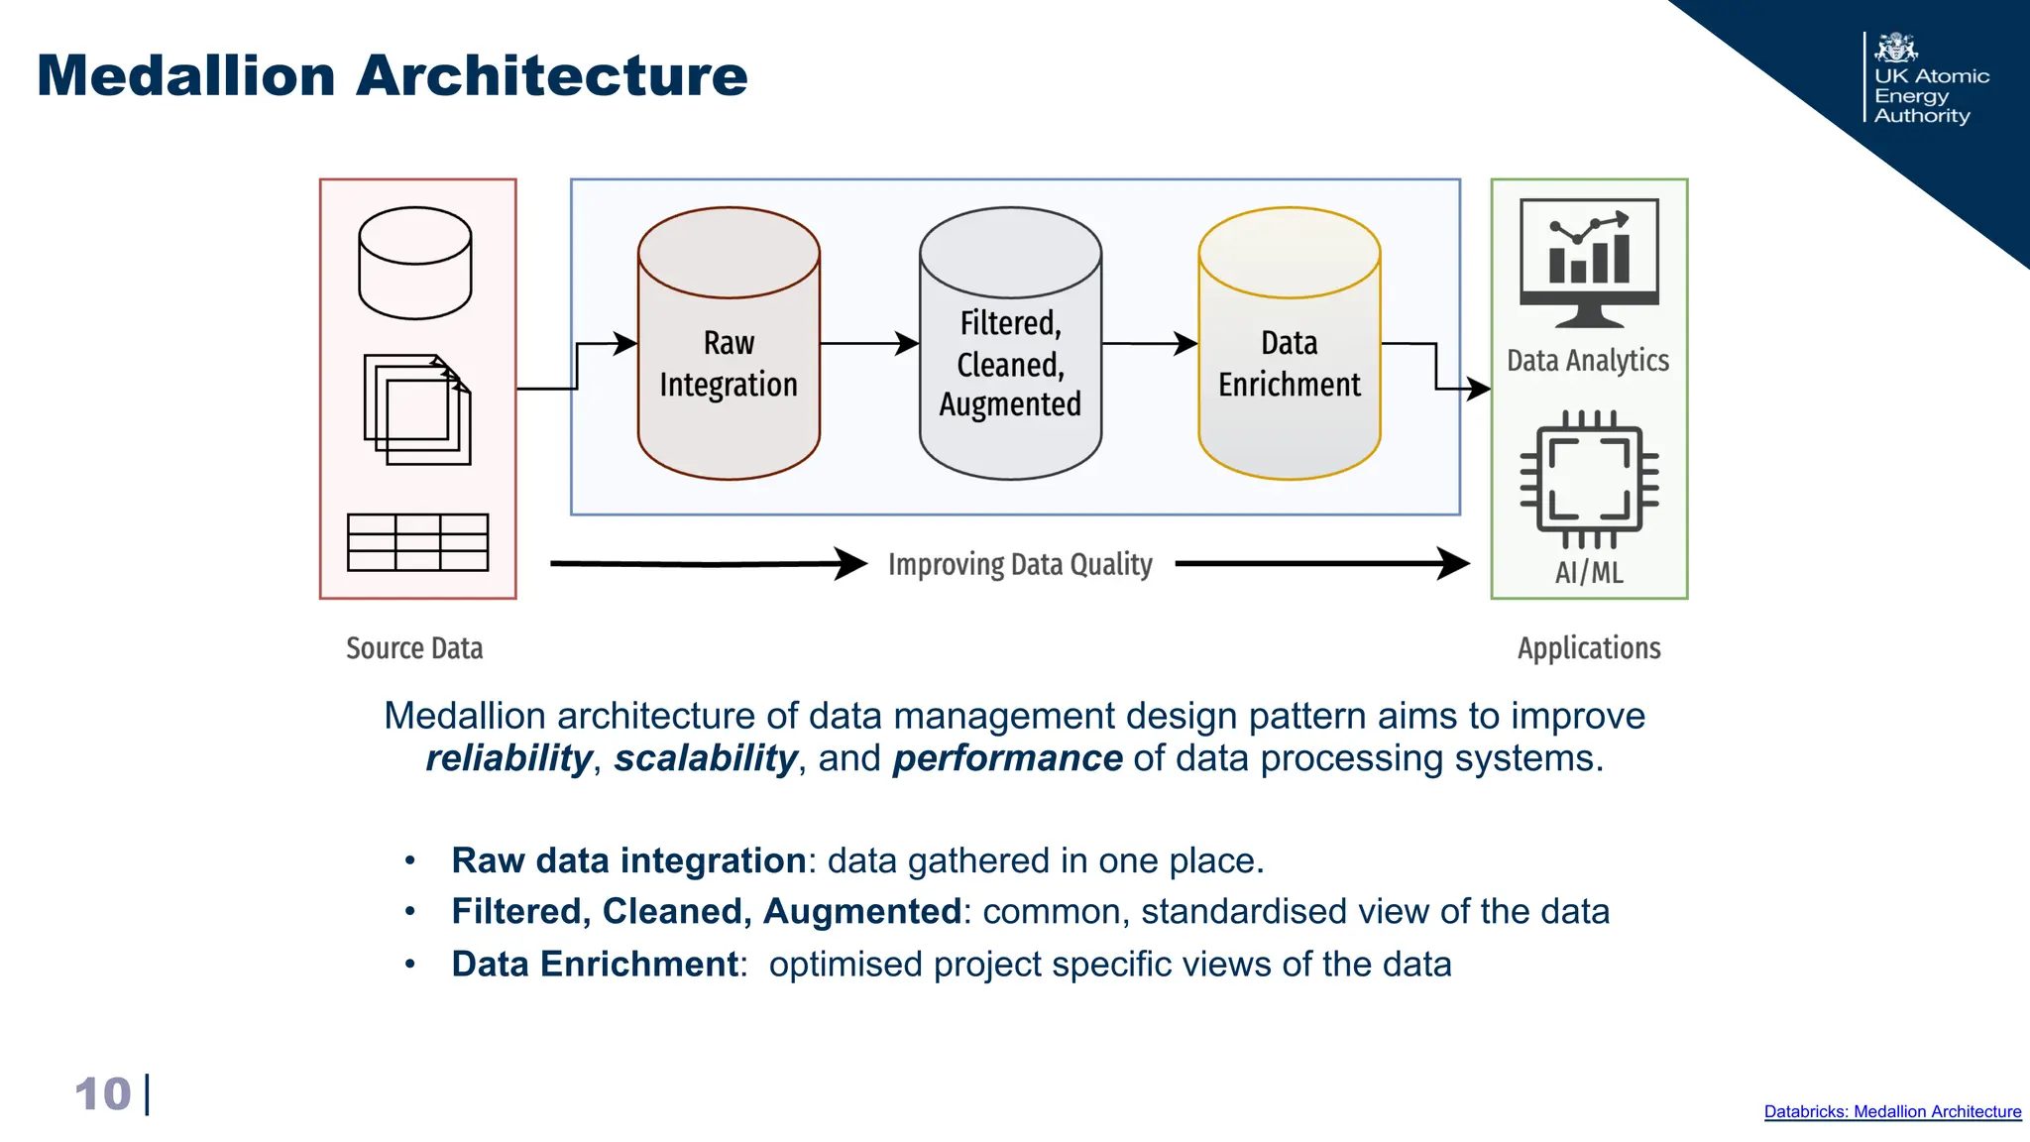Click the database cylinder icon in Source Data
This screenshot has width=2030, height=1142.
tap(414, 263)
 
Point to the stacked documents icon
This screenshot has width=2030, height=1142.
tap(417, 409)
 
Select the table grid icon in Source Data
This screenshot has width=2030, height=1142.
tap(417, 542)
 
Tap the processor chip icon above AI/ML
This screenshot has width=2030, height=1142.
tap(1589, 479)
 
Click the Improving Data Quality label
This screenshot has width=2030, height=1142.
tap(1020, 564)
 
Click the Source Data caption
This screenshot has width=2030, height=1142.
tap(414, 648)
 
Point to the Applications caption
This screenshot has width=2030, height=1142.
tap(1589, 648)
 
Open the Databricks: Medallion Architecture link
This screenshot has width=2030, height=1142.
tap(1891, 1111)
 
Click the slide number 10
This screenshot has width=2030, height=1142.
tap(102, 1094)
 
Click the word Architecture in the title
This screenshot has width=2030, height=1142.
tap(551, 75)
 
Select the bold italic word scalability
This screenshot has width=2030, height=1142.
tap(705, 758)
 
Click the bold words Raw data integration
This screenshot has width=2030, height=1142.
tap(628, 860)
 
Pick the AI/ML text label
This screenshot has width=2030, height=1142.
tap(1589, 572)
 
